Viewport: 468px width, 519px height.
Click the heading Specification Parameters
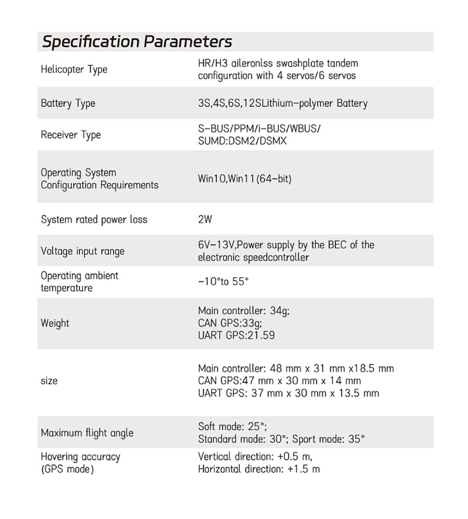coord(137,42)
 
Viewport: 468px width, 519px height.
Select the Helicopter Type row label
coord(74,70)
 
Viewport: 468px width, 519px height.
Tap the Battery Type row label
coord(68,104)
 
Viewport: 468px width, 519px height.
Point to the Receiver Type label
coord(70,135)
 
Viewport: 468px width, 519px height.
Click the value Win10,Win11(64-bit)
coord(245,179)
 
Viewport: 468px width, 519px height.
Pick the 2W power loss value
coord(205,220)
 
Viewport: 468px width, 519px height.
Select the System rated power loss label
coord(94,220)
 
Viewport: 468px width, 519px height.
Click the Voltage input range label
coord(82,251)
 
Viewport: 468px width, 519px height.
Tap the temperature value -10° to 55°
coord(223,281)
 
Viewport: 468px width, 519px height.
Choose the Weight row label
coord(55,323)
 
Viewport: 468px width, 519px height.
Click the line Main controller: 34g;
coord(243,311)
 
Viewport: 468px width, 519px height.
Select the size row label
coord(49,381)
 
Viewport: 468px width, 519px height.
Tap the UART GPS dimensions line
coord(288,393)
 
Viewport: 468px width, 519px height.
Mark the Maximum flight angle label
coord(87,433)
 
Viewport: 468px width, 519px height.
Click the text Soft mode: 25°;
coord(232,426)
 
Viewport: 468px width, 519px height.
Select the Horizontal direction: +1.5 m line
coord(259,469)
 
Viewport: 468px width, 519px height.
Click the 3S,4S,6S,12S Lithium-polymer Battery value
coord(283,104)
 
